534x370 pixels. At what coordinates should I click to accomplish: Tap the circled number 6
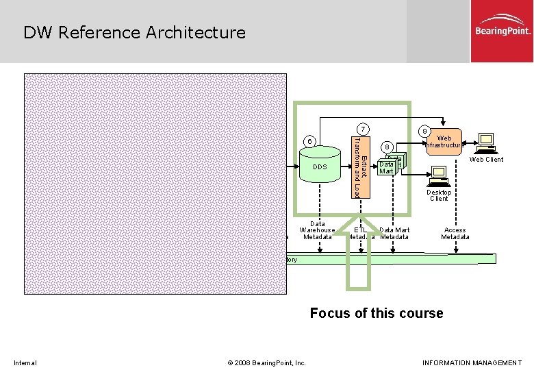point(310,141)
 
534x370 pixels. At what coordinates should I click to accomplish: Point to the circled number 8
point(387,147)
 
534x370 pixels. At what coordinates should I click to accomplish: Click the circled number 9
point(425,132)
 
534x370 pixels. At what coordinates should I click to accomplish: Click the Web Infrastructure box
point(444,142)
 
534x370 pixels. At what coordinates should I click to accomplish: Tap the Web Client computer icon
point(486,141)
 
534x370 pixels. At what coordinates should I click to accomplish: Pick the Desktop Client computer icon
point(438,175)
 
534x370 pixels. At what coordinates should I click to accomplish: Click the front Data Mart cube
point(387,167)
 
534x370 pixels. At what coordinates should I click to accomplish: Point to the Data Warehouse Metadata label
point(318,230)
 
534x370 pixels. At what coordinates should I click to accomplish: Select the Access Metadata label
point(455,234)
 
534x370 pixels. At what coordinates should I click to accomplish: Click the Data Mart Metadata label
point(394,234)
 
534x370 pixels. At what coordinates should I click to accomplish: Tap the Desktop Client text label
point(439,195)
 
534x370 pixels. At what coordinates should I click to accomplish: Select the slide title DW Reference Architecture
point(134,32)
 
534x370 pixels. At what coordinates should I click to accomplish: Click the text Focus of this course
point(377,313)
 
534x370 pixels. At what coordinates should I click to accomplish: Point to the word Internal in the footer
point(25,362)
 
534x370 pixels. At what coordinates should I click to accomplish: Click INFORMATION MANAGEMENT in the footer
point(472,362)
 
